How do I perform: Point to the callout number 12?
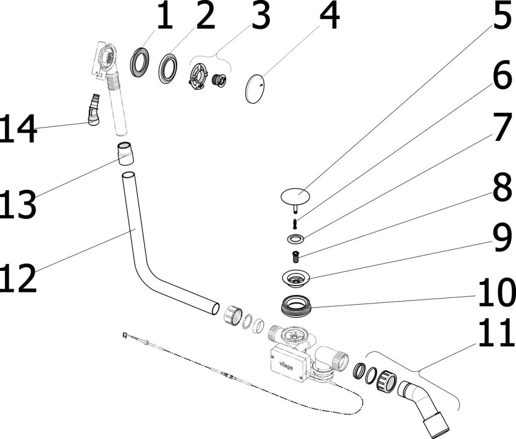(19, 278)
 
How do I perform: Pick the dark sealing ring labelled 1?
(140, 62)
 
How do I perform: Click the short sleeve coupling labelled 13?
(125, 153)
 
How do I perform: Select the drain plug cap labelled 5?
(295, 195)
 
